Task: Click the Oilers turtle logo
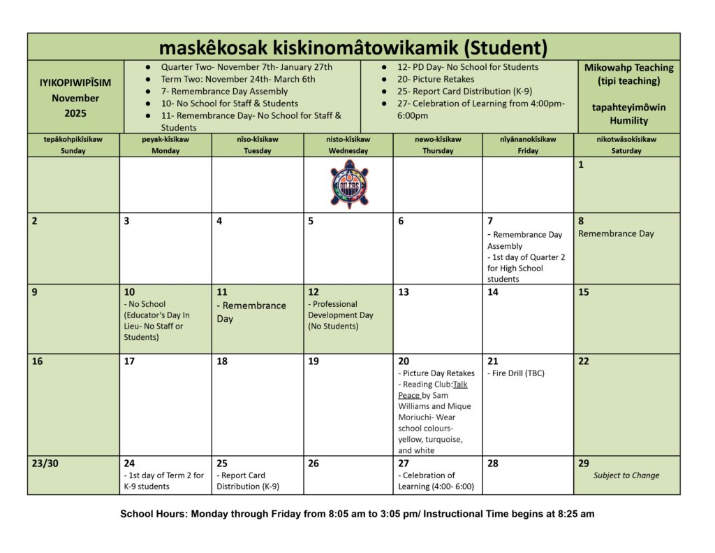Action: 349,185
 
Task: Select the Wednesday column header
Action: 348,145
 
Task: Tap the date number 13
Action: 404,292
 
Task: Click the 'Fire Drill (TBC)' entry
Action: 515,373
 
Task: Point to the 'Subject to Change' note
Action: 626,475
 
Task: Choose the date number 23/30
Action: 45,463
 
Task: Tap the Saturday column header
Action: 626,145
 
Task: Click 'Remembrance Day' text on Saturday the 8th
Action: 616,234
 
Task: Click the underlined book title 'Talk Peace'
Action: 433,389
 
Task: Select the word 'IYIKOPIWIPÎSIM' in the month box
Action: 75,82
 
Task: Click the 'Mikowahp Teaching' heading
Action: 628,68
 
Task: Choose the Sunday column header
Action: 73,145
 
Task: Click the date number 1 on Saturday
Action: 581,165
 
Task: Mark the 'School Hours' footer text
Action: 357,514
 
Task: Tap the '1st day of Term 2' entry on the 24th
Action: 164,481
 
